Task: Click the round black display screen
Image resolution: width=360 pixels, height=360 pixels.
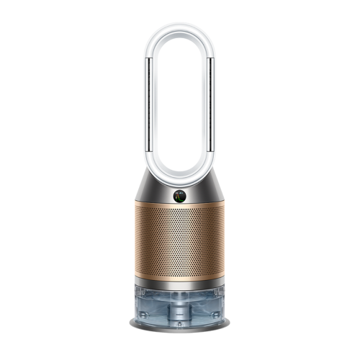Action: coord(179,194)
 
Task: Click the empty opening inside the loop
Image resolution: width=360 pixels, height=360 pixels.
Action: coord(179,94)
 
